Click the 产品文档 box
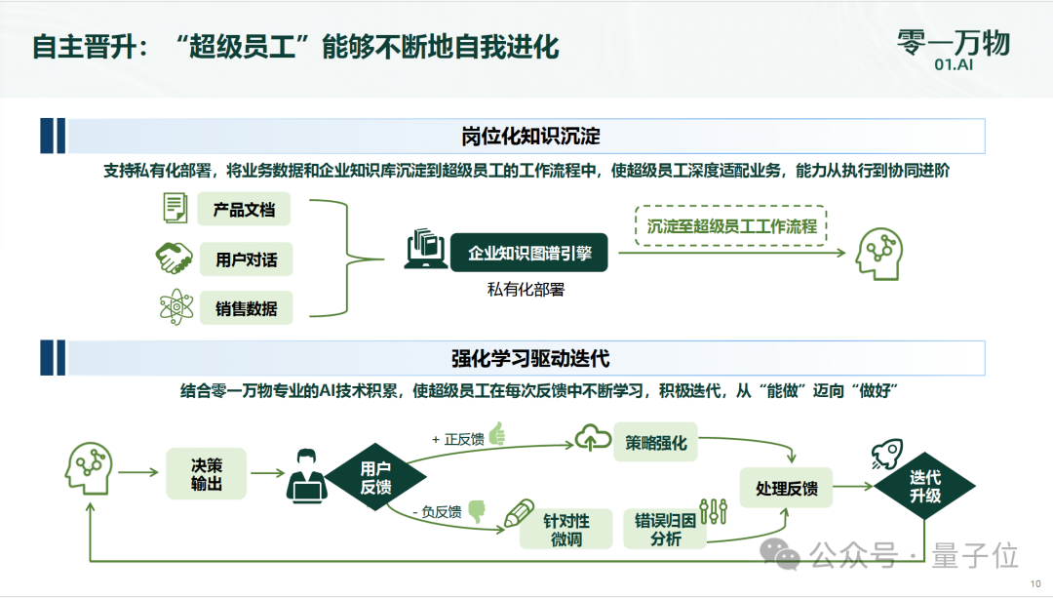pos(245,210)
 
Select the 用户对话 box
pos(246,259)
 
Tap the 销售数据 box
pos(246,308)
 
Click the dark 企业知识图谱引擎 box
pos(529,253)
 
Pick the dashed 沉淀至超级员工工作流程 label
pos(731,225)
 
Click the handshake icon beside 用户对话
pos(175,259)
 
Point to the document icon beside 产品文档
pos(175,208)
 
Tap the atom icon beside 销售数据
pos(175,308)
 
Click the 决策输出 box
pos(207,473)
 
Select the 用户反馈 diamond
pos(375,476)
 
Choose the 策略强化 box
pos(656,443)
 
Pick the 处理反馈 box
pos(787,488)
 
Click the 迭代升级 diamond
pos(925,486)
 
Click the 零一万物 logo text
pos(954,42)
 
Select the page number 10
pos(1035,582)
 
